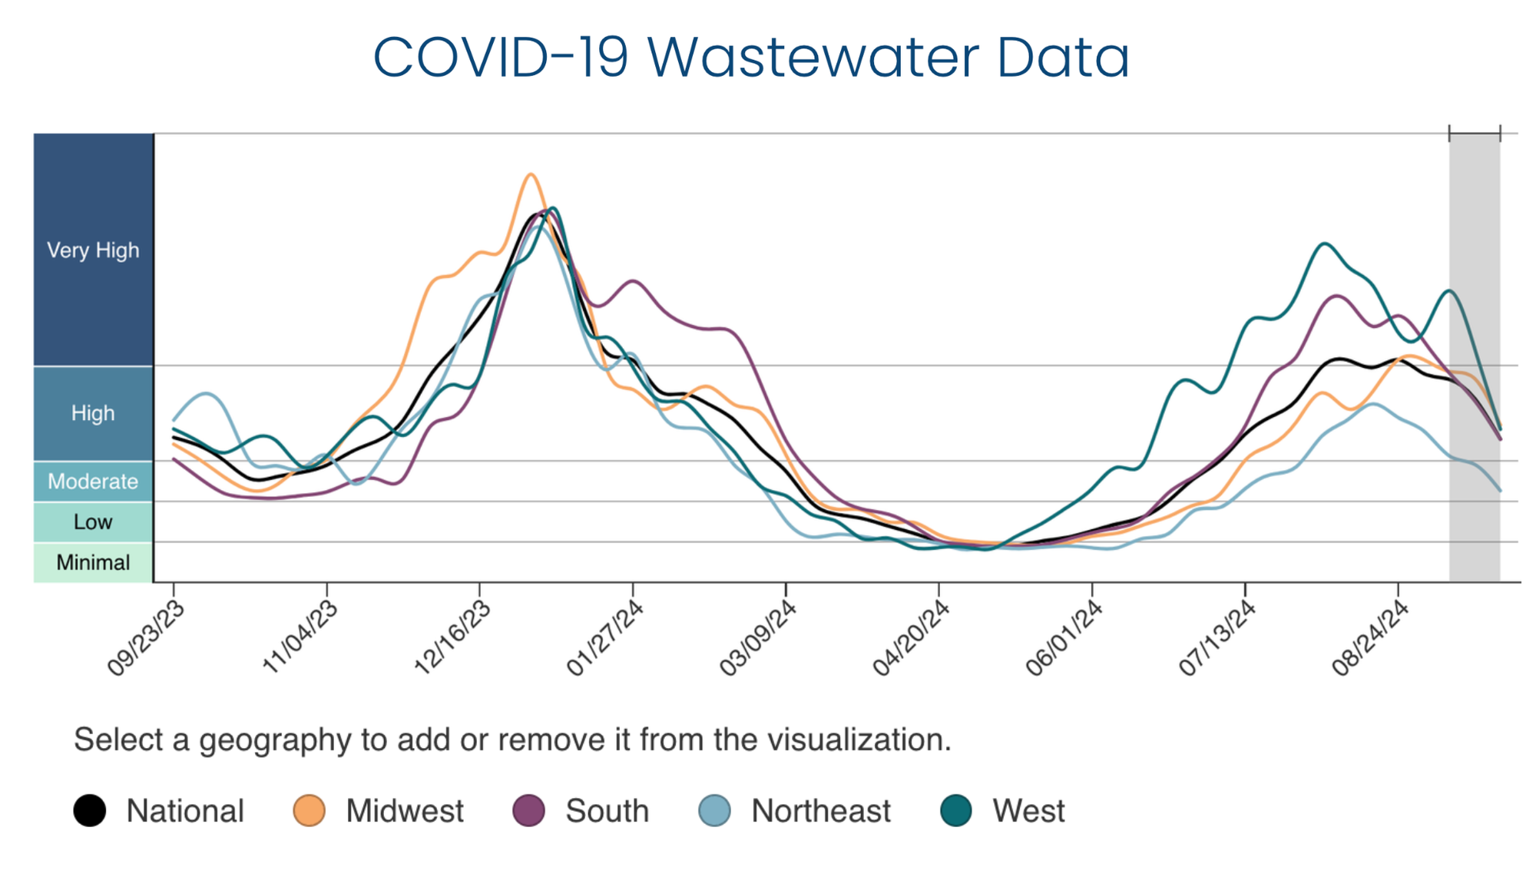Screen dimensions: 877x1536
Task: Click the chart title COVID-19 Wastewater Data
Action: pos(751,57)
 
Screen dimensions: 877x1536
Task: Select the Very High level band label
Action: pos(93,250)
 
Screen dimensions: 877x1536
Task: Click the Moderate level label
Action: pos(93,482)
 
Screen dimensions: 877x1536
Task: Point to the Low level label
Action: pos(93,522)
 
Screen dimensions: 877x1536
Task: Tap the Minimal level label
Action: pos(93,563)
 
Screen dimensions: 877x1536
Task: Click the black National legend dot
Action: pos(90,811)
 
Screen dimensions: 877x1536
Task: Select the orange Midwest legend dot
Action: pos(309,811)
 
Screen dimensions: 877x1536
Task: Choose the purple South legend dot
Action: pos(528,811)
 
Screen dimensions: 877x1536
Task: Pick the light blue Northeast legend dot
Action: pos(714,811)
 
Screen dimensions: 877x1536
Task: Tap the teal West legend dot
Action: pos(956,811)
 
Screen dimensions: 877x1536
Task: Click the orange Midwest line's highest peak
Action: pos(530,174)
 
